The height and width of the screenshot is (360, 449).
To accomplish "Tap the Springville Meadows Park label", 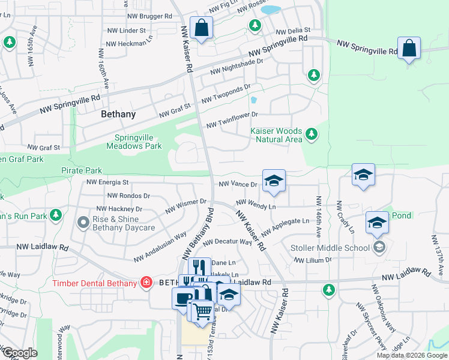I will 134,142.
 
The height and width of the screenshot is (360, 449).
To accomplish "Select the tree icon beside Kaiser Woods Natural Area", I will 311,134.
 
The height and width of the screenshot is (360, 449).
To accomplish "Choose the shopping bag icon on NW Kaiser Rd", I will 202,28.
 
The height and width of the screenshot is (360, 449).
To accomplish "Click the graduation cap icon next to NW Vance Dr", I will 274,181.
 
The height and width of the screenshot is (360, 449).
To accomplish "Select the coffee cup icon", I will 183,298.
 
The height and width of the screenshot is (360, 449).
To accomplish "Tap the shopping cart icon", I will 202,311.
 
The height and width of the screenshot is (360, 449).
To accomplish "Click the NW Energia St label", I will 107,182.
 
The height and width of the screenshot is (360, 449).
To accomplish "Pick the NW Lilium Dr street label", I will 313,260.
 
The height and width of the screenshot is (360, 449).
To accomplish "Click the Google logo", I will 19,353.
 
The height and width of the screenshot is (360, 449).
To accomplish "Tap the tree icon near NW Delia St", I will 256,25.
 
